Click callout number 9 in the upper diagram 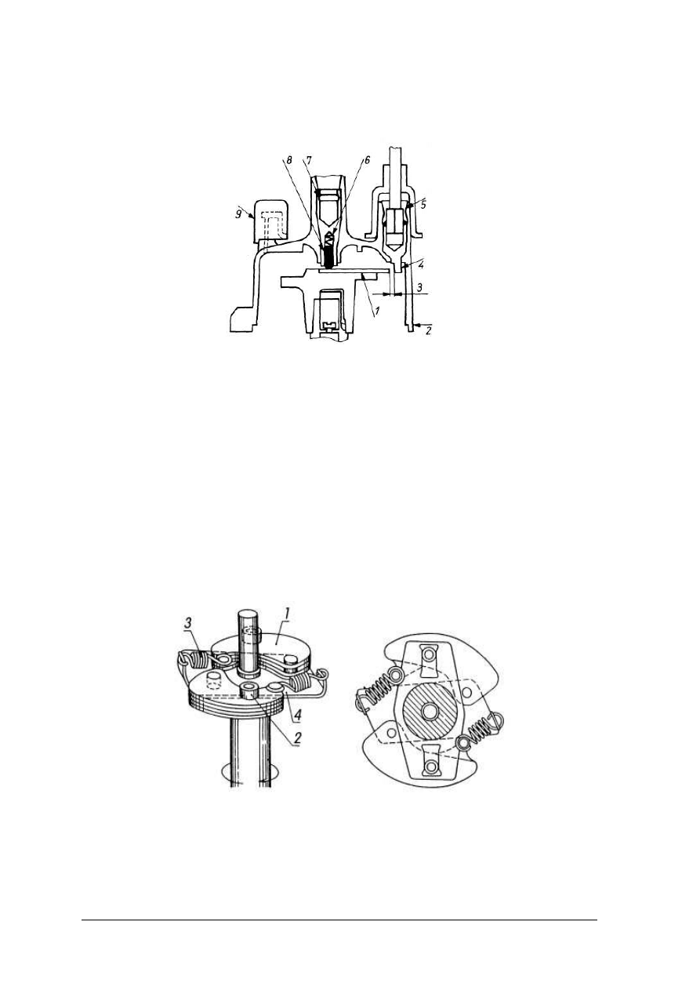[x=238, y=214]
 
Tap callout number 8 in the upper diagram [x=288, y=161]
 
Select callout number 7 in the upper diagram [x=309, y=161]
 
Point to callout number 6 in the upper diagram [x=367, y=161]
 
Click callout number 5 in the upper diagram [x=423, y=206]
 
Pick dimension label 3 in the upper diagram [x=420, y=287]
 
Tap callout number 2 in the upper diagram [x=428, y=330]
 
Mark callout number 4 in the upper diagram [x=421, y=265]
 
